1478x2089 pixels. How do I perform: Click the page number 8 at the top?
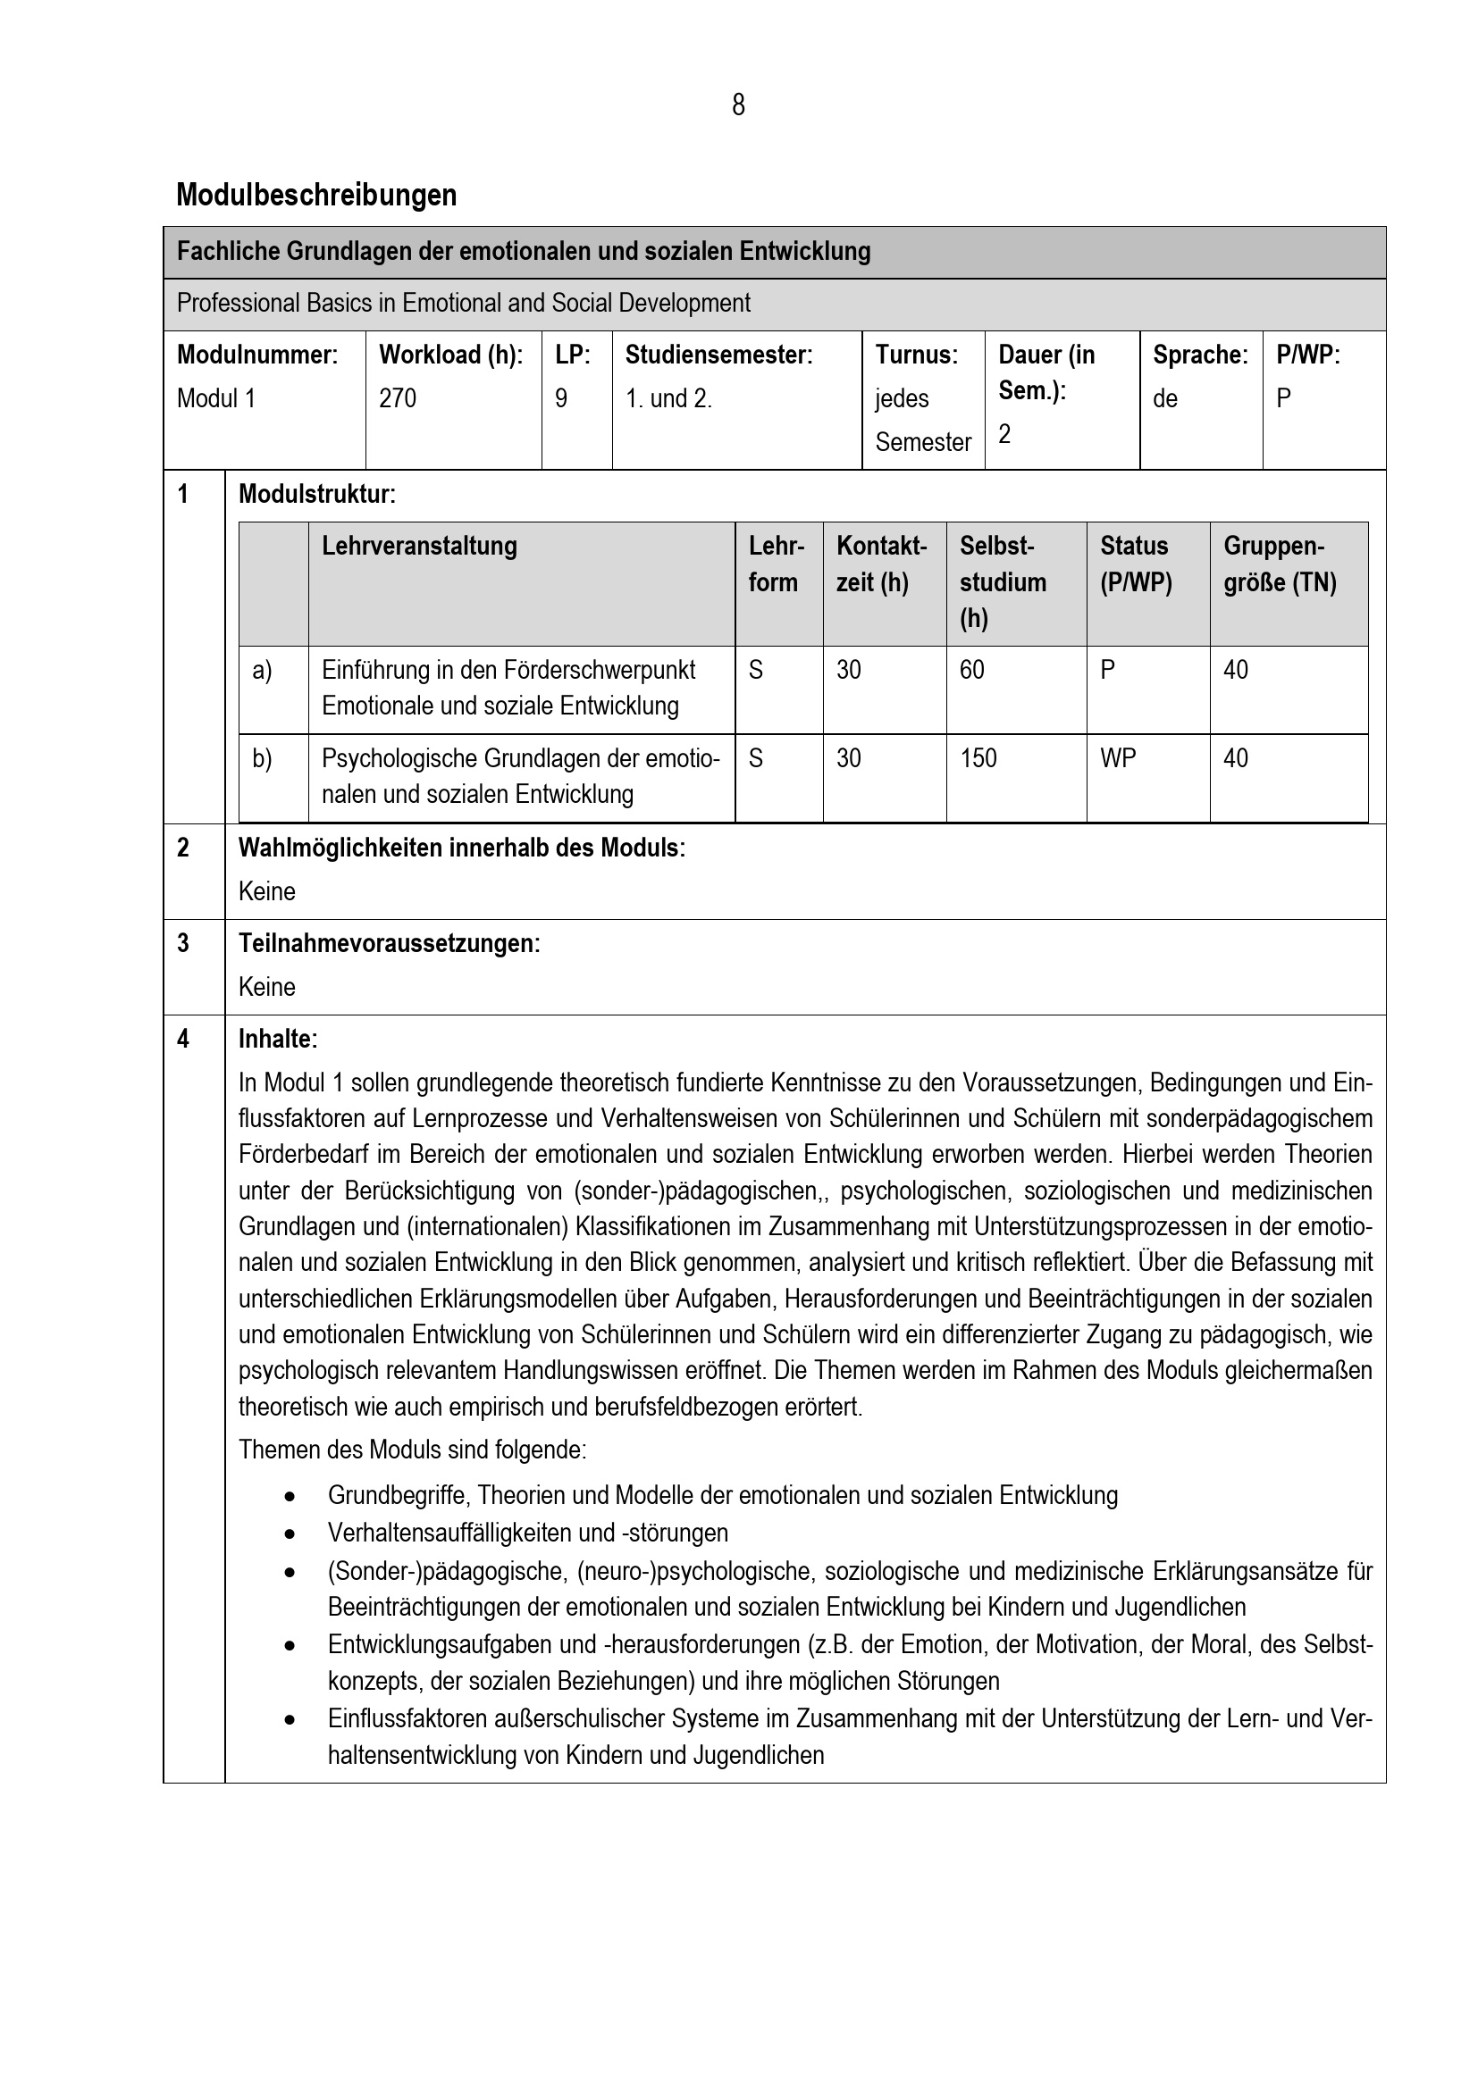click(738, 105)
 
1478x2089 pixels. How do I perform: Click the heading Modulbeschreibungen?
click(315, 195)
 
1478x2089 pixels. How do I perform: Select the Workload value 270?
click(398, 398)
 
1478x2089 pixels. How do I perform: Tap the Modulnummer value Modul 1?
click(216, 398)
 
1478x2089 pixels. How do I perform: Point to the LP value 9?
click(561, 398)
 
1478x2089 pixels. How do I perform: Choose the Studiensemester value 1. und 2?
click(668, 398)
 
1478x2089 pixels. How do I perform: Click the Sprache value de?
click(1165, 398)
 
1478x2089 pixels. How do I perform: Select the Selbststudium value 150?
click(978, 758)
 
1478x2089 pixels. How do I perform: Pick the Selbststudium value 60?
click(972, 670)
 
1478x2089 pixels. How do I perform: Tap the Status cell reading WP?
click(1118, 758)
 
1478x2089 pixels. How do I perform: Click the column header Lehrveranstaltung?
click(420, 546)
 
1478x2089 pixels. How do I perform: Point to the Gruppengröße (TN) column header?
click(1279, 564)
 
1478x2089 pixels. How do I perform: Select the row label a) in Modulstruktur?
click(262, 671)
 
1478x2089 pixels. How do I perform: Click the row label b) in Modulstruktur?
click(262, 759)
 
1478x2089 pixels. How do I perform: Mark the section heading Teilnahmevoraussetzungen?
click(389, 943)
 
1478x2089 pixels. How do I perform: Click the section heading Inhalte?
click(278, 1039)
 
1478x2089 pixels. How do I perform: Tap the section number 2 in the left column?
click(183, 848)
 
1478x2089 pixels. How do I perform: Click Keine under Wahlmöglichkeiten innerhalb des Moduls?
click(266, 891)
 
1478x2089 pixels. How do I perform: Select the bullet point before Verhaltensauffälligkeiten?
click(290, 1533)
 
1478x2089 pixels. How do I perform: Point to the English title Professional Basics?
click(463, 303)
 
